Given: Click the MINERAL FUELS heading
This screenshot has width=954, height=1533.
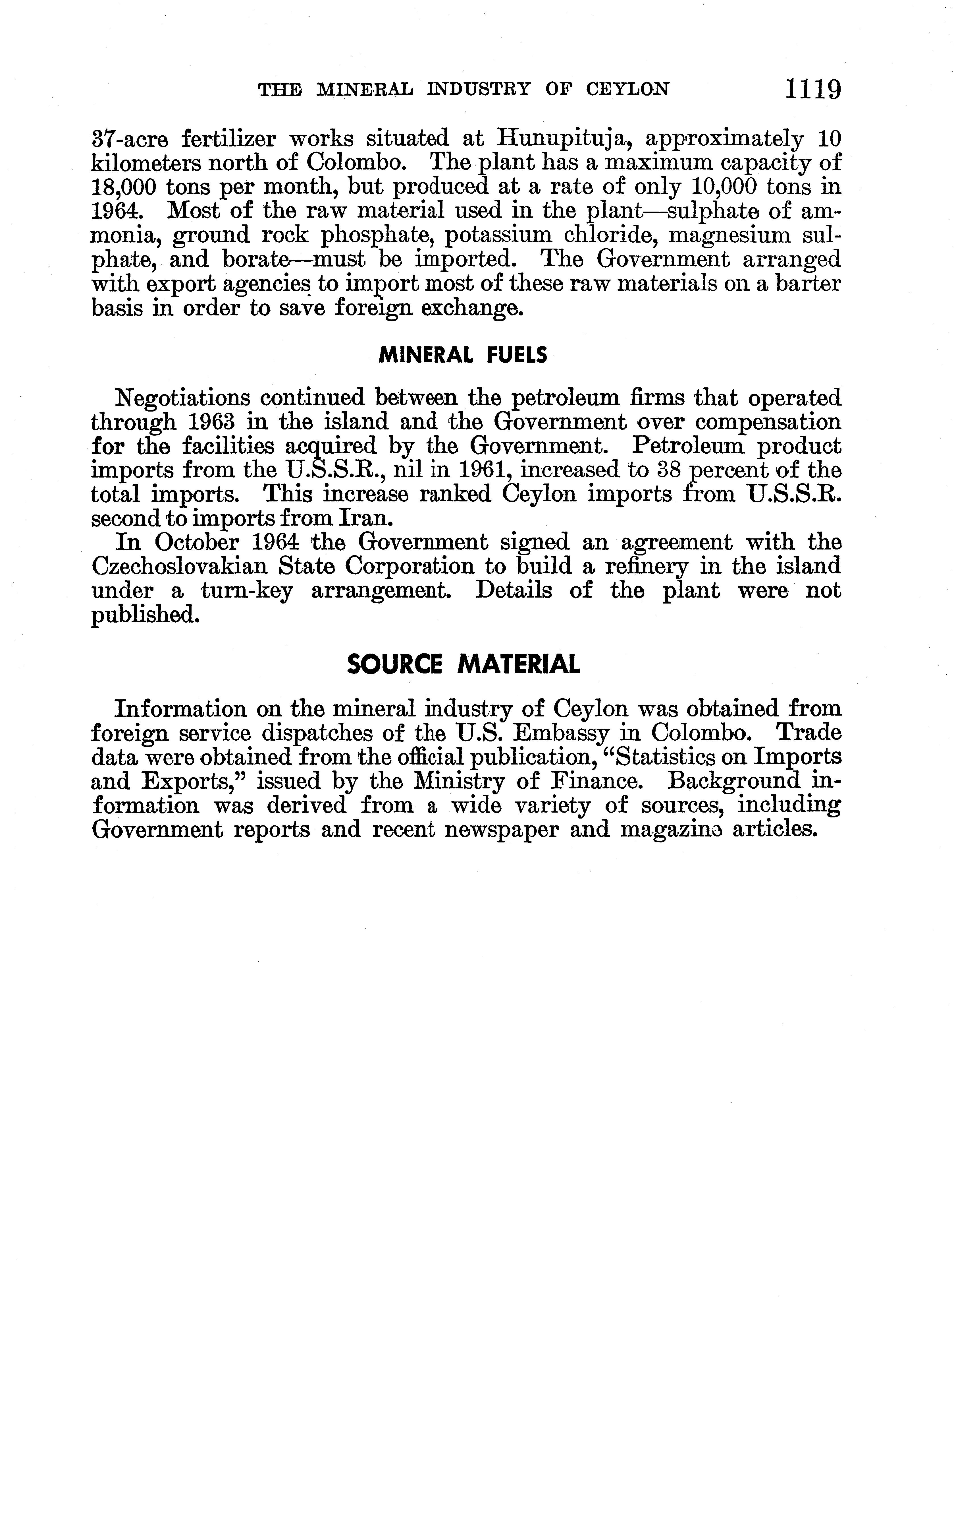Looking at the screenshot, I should (x=462, y=356).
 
